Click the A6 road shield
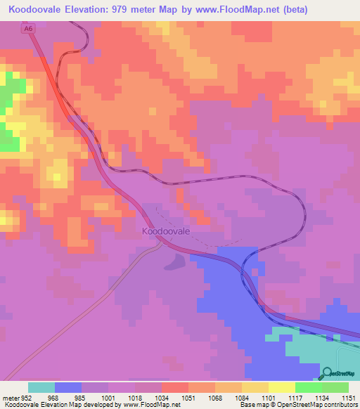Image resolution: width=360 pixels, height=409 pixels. (x=27, y=29)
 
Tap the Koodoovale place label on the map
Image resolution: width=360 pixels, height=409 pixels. (x=167, y=231)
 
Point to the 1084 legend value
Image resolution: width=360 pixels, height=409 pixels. (x=229, y=396)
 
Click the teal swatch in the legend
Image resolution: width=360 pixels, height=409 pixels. (x=41, y=387)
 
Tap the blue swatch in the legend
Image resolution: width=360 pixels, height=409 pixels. (x=68, y=387)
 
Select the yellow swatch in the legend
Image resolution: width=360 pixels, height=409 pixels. (x=255, y=387)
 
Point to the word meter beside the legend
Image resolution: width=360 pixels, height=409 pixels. (x=9, y=396)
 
